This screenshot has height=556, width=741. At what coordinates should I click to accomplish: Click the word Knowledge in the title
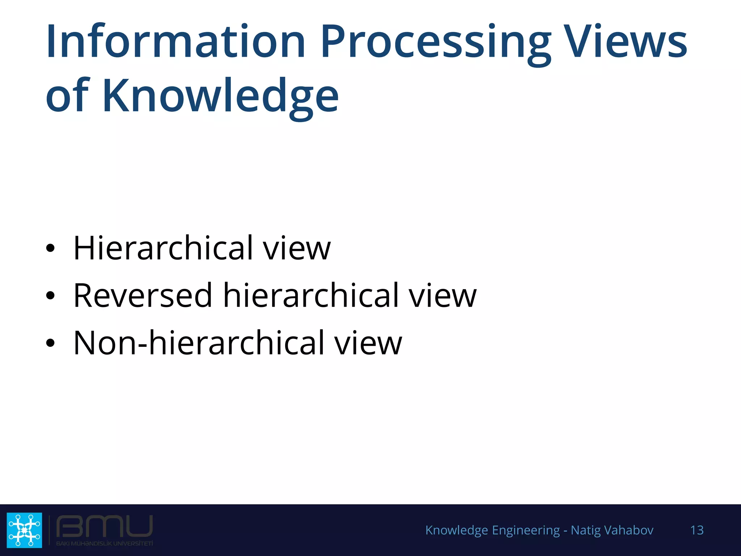tap(220, 96)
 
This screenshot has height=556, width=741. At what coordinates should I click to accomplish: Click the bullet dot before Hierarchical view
tap(50, 248)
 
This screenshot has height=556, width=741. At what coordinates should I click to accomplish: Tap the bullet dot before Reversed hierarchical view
tap(50, 296)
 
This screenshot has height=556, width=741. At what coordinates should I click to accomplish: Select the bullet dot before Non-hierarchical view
tap(50, 343)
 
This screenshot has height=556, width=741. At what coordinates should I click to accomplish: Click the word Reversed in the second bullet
tap(143, 295)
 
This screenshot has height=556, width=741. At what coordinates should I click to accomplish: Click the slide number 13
tap(697, 530)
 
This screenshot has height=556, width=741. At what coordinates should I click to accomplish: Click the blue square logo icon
tap(24, 530)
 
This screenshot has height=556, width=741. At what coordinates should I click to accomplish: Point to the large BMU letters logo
tap(104, 527)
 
